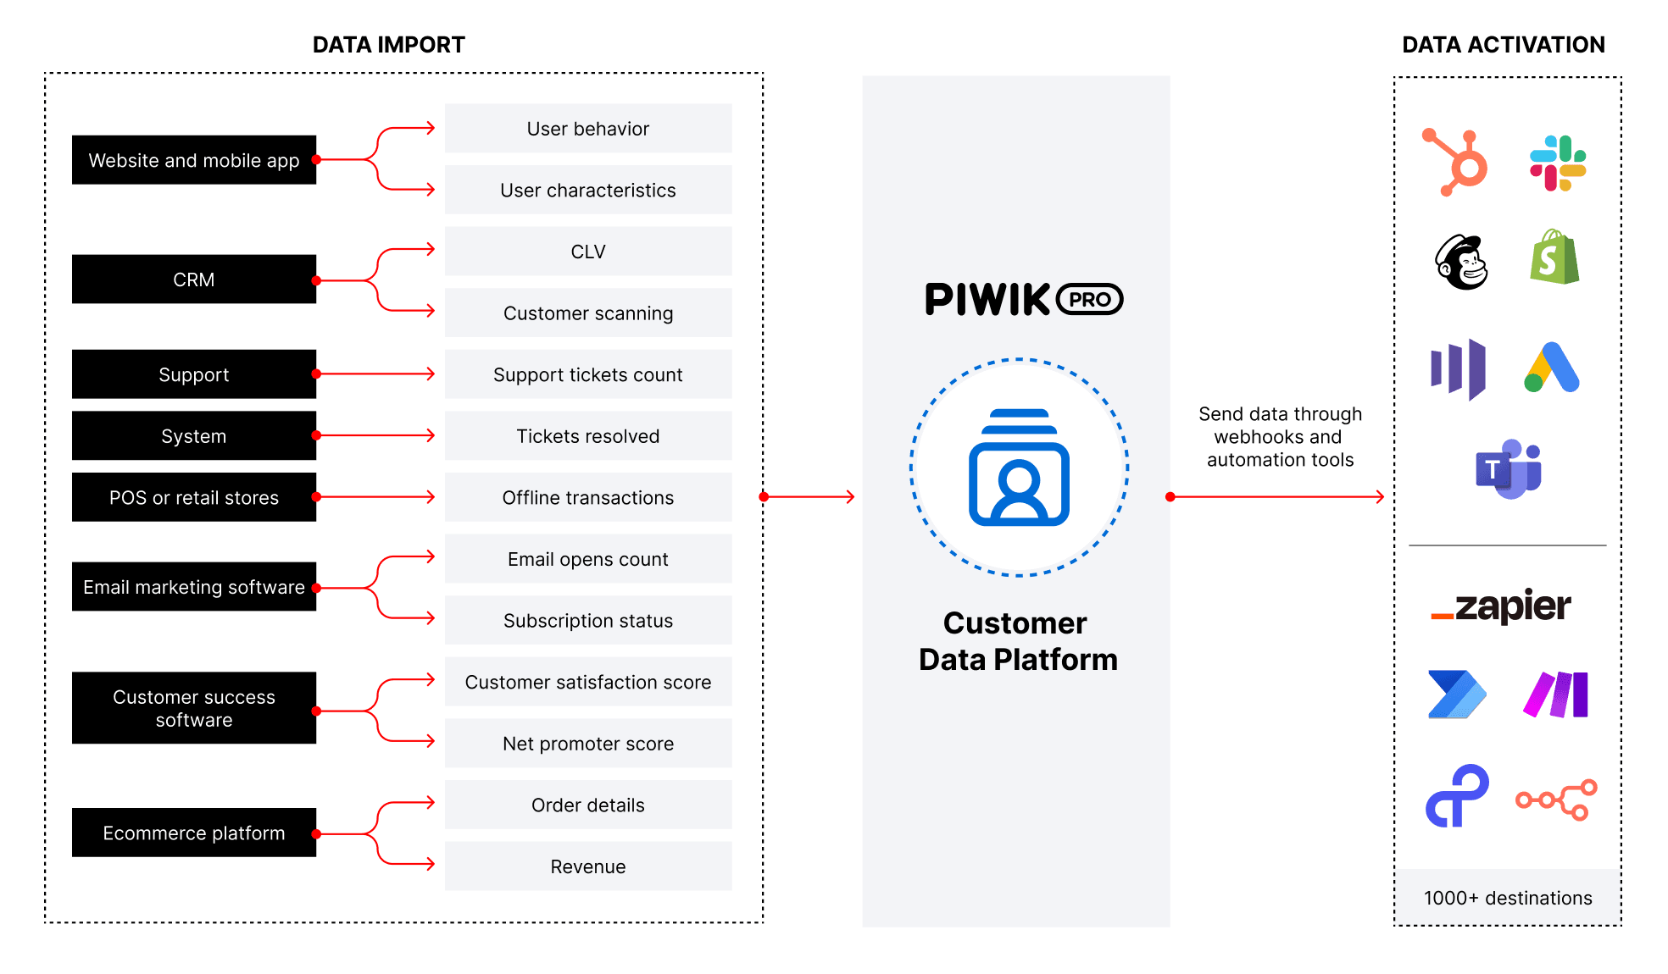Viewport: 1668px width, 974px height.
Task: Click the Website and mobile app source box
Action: point(194,160)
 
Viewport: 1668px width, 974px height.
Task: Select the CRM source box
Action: point(194,279)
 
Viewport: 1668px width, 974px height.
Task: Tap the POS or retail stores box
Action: point(194,497)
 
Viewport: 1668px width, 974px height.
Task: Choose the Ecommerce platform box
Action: point(194,833)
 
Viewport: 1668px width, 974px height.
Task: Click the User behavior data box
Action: point(588,129)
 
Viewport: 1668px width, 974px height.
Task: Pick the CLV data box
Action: point(588,252)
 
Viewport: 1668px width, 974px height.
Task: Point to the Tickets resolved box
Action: point(588,436)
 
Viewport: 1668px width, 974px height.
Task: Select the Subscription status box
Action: point(588,621)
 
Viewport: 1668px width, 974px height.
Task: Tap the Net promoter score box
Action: point(588,744)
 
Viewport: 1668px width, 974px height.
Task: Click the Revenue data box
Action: point(588,866)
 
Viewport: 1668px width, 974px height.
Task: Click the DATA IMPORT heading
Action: point(389,45)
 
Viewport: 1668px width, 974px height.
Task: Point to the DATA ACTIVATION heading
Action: point(1504,45)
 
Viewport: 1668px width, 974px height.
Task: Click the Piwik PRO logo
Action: point(1024,299)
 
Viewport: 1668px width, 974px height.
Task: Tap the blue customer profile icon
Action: point(1019,468)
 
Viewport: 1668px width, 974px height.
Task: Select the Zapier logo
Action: point(1501,606)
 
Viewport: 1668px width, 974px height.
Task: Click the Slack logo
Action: point(1558,163)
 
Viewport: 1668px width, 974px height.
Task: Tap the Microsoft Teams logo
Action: point(1508,468)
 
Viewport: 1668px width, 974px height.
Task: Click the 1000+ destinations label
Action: point(1508,898)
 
